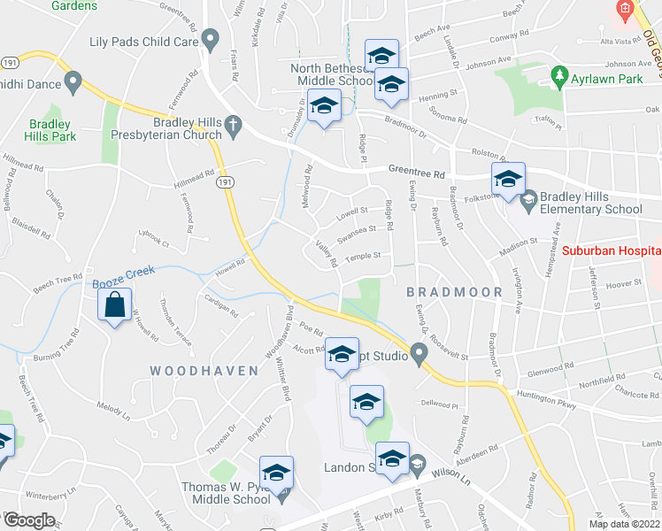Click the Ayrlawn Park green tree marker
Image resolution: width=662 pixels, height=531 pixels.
pos(558,76)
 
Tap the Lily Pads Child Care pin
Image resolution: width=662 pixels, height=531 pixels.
pos(210,40)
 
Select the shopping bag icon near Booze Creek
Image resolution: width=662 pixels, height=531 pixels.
pos(116,306)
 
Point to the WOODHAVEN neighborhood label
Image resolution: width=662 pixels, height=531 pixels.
pos(204,370)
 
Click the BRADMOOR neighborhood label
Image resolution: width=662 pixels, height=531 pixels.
pos(454,291)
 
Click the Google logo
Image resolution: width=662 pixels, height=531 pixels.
pos(29,520)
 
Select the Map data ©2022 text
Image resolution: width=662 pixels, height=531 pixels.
pos(624,524)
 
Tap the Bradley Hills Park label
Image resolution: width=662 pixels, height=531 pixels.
pos(52,130)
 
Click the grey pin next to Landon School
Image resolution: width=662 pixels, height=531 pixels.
pos(417,462)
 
